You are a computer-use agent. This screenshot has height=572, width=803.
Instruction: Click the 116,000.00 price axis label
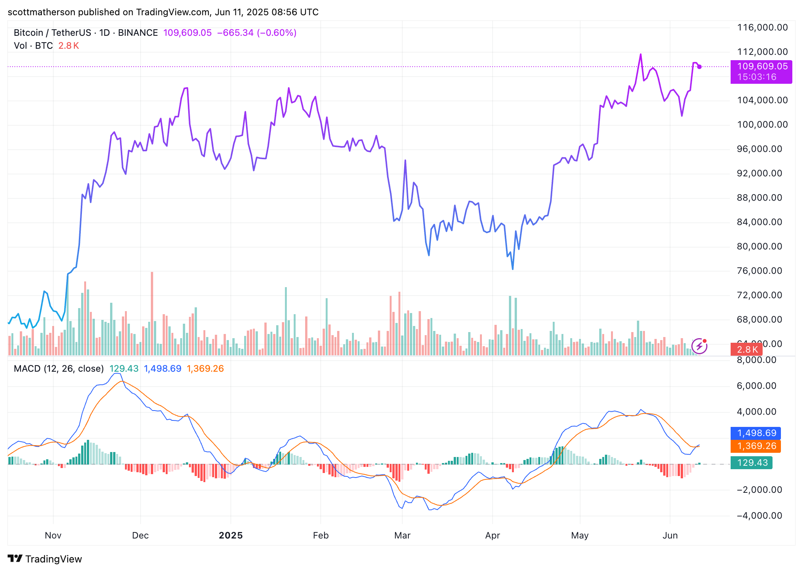tap(762, 27)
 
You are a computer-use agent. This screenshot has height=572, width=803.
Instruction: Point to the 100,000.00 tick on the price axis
tap(762, 125)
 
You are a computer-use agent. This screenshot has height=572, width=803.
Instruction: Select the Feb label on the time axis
tap(320, 535)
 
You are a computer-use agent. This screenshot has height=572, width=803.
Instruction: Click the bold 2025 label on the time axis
tap(230, 535)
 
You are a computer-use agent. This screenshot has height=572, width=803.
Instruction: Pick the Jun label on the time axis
tap(670, 535)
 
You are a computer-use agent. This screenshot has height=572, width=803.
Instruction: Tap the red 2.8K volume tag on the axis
tap(747, 350)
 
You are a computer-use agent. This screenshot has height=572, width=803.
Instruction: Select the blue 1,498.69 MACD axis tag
tap(756, 433)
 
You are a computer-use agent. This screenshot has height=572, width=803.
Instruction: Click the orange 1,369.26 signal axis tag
tap(756, 446)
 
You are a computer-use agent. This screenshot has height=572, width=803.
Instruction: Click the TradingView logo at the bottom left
tap(45, 559)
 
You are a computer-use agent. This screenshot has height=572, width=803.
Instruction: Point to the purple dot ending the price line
tap(699, 67)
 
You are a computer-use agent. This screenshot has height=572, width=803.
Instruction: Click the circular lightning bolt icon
tap(699, 346)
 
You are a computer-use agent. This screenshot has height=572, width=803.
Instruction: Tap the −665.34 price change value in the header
tap(235, 33)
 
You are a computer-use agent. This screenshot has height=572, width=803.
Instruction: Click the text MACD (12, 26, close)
tap(59, 369)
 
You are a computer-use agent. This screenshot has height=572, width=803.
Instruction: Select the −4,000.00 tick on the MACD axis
tap(759, 516)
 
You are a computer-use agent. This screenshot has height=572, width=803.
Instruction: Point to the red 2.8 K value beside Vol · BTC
tap(69, 46)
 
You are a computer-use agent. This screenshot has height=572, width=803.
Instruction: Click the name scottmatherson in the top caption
tap(42, 12)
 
